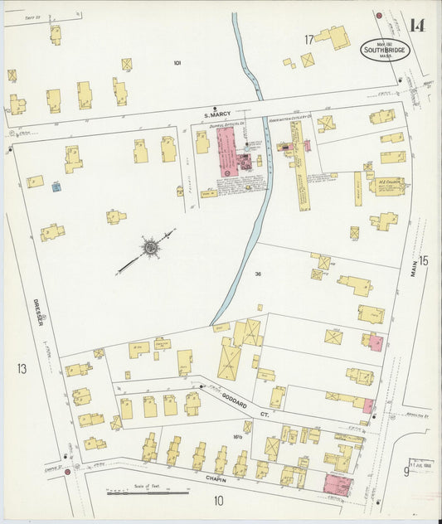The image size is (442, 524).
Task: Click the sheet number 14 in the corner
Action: click(416, 25)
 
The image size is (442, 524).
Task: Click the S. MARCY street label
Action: click(218, 114)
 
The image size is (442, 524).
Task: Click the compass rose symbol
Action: click(150, 247)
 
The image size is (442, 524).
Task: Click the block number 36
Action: click(259, 274)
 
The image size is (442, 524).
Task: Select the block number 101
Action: click(177, 63)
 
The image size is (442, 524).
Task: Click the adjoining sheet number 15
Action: click(424, 261)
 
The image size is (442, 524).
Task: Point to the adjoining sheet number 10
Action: click(219, 501)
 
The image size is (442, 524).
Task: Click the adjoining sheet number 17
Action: click(308, 40)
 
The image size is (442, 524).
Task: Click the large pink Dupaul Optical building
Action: click(226, 149)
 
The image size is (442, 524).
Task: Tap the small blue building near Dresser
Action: click(56, 187)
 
